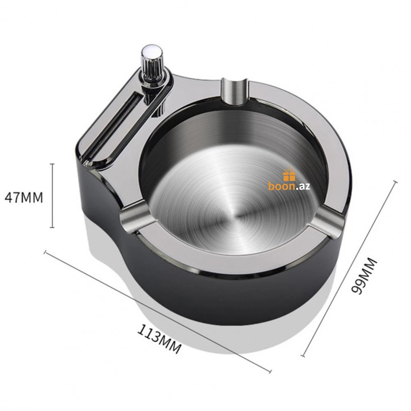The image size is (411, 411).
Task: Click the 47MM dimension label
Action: click(24, 198)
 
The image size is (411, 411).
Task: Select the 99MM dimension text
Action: click(364, 276)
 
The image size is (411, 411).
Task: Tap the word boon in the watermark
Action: click(282, 186)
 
